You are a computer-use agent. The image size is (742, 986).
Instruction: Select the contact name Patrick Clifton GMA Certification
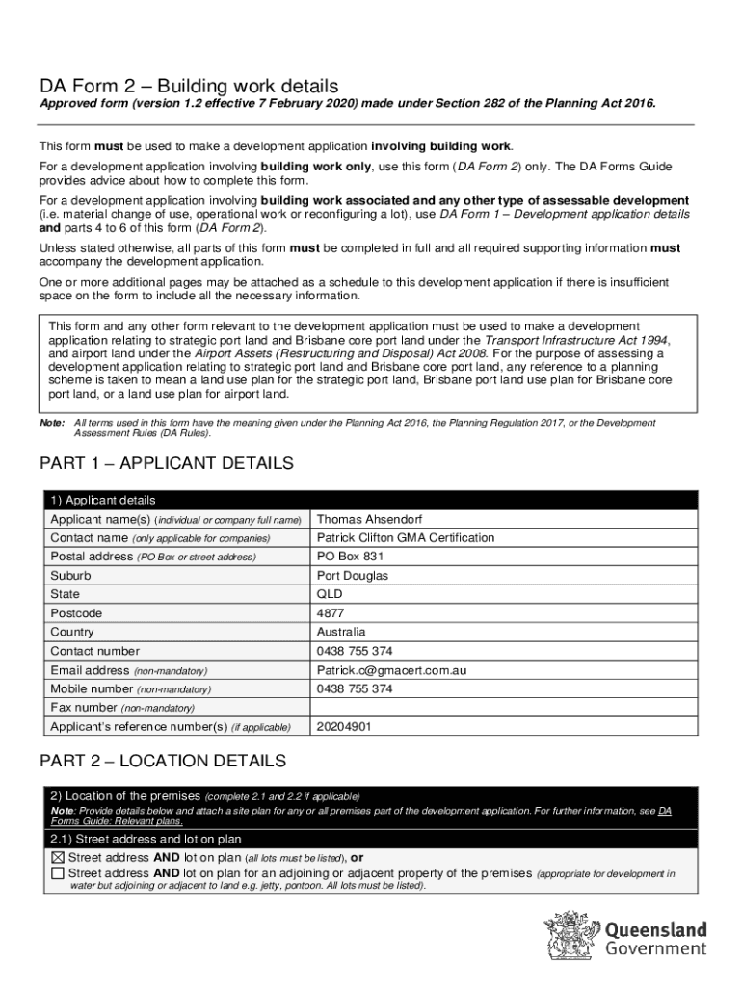point(405,537)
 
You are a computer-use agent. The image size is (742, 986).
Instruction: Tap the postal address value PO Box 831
point(351,557)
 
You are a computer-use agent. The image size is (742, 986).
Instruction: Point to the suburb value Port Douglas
point(353,576)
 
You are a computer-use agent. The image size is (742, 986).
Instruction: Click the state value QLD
point(330,594)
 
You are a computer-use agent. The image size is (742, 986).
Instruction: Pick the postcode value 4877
point(330,613)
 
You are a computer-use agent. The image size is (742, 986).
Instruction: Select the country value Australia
point(341,633)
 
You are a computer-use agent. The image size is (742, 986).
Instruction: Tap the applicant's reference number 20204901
point(343,727)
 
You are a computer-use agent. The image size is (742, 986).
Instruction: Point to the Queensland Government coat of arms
point(572,935)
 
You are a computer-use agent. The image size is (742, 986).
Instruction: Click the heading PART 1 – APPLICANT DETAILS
point(166,464)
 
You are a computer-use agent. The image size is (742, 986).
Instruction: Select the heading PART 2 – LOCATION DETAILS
point(162,762)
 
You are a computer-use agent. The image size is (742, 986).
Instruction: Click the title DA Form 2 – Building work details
point(188,86)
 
